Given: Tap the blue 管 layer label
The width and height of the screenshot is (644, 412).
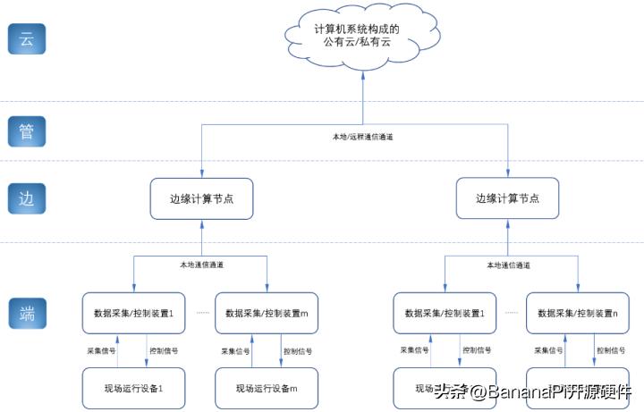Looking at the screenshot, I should click(x=26, y=131).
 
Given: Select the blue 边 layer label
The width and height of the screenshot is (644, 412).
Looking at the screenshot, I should click(x=26, y=198).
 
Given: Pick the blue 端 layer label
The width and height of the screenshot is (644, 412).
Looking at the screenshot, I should click(x=26, y=314).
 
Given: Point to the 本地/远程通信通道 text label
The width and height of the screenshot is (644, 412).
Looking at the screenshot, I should click(x=362, y=137).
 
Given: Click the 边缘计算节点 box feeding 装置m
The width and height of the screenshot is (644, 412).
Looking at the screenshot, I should click(x=200, y=198).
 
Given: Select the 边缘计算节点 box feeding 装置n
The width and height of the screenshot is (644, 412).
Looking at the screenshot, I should click(x=507, y=198).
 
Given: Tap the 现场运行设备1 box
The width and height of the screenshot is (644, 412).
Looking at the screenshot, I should click(x=133, y=388).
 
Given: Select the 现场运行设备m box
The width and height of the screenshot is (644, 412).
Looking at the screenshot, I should click(x=266, y=388).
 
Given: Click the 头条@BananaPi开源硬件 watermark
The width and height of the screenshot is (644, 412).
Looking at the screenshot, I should click(x=533, y=391).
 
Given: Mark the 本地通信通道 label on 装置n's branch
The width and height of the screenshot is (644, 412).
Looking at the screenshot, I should click(x=508, y=265).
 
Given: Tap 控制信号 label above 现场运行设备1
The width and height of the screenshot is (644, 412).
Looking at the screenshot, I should click(x=164, y=350).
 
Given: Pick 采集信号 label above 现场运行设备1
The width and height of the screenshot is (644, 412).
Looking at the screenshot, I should click(x=101, y=350).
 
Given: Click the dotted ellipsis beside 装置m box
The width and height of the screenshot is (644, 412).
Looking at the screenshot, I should click(x=202, y=313).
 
